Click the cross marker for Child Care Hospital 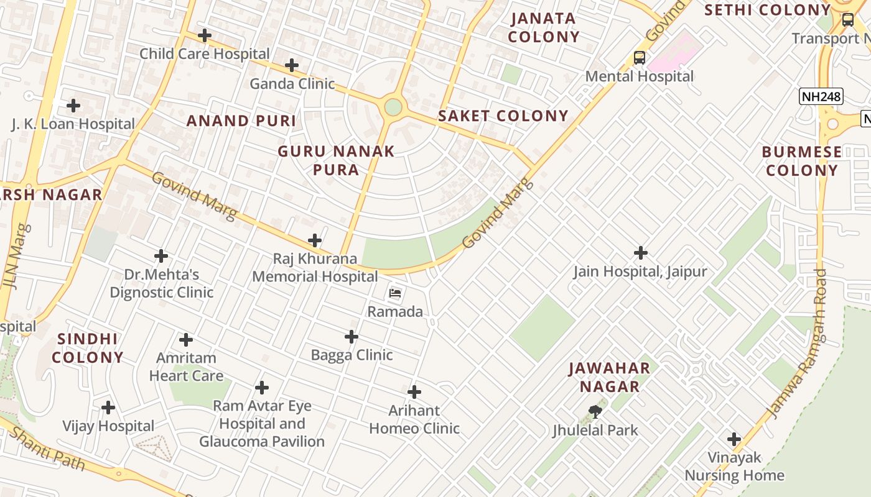click(204, 35)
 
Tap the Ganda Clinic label click(292, 83)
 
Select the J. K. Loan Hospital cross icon click(73, 106)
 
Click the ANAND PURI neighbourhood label click(241, 121)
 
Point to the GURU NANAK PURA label click(336, 160)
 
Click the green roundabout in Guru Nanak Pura click(393, 107)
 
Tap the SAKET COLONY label click(503, 116)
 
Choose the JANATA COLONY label click(544, 28)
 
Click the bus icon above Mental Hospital click(640, 58)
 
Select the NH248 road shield click(821, 96)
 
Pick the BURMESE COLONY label click(801, 161)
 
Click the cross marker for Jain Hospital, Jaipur click(641, 253)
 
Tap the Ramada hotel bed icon click(395, 293)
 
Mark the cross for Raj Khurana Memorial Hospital click(315, 240)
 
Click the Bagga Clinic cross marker click(352, 337)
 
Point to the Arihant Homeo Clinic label click(414, 419)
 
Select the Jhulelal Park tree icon click(595, 411)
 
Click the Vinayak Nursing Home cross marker click(734, 439)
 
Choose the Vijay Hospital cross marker click(108, 408)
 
